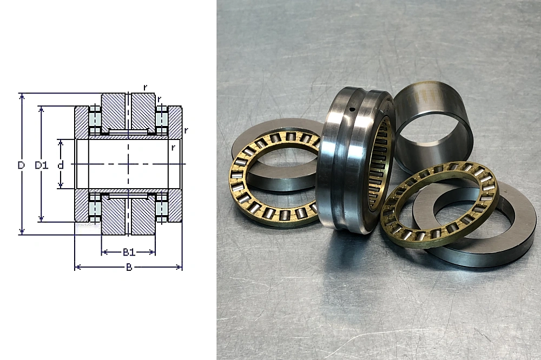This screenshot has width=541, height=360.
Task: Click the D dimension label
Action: pos(22,165)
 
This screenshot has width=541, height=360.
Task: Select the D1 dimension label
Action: pos(42,165)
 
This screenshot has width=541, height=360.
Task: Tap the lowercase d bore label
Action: pos(61,165)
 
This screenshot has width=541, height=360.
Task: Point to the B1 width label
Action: pos(129,252)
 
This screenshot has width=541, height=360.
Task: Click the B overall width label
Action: pos(129,267)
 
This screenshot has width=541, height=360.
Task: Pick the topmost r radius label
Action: pos(145,88)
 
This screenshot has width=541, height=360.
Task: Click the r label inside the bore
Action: pos(173,148)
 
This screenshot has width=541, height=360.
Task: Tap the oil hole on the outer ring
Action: pos(352,110)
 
